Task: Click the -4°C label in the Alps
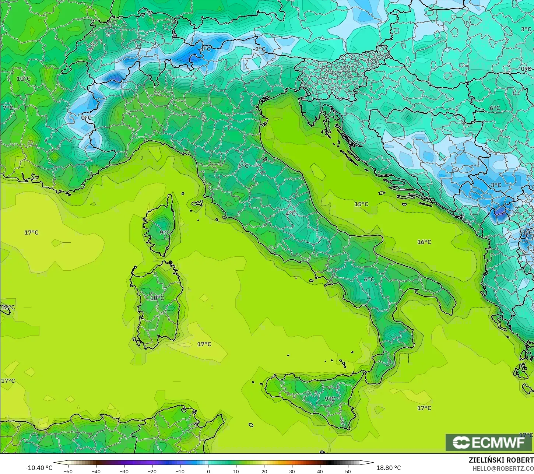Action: point(204,49)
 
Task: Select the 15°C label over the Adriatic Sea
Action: point(361,204)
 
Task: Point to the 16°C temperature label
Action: point(424,242)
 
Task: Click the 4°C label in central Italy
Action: point(290,213)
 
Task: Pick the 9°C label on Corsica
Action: point(165,232)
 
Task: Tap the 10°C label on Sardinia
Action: point(157,298)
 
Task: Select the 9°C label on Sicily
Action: point(330,399)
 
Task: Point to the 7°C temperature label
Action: point(8,108)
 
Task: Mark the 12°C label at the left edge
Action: point(8,307)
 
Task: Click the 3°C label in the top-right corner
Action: point(526,29)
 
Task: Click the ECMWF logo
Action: point(489,442)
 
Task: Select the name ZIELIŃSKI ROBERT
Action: point(501,460)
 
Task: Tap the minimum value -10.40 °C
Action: point(39,468)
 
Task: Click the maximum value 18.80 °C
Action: point(389,468)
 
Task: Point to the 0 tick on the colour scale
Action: point(208,471)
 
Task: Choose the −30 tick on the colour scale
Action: point(124,471)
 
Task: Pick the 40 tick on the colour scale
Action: point(320,471)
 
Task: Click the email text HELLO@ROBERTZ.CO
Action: point(503,468)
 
